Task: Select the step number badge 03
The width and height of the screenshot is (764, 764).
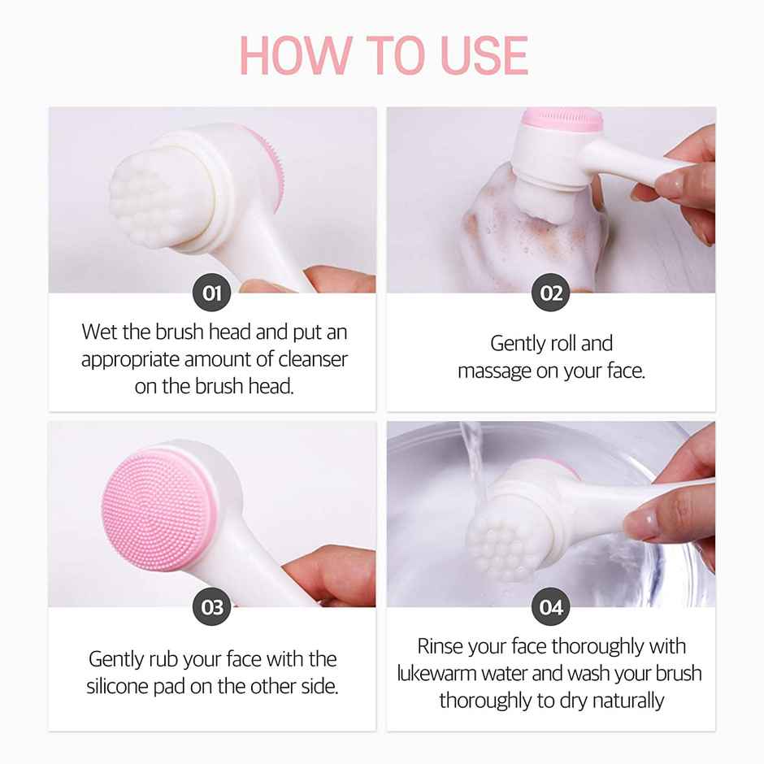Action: point(212,607)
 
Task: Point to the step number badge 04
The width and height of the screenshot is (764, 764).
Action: point(551,607)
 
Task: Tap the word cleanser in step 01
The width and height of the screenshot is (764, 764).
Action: point(313,358)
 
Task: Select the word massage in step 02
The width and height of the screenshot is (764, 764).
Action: point(497,371)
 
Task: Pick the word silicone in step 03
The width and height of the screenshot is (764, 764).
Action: point(121,686)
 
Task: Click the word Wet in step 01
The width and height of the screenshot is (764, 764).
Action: point(99,332)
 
